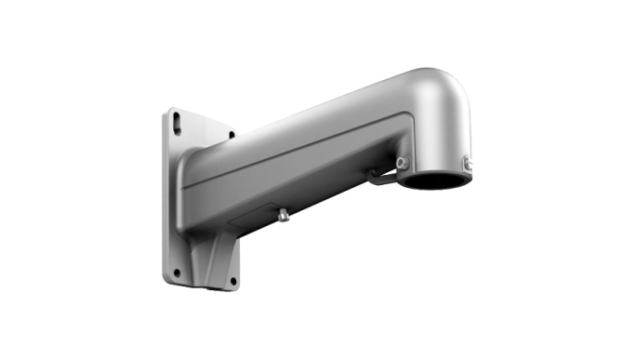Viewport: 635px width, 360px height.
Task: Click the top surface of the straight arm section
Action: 307,116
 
